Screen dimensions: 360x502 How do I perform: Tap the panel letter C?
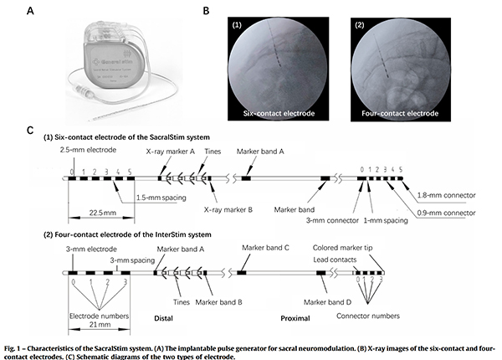coord(29,131)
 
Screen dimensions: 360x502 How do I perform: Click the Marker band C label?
coord(267,248)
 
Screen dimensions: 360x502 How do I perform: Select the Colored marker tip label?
coord(346,248)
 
